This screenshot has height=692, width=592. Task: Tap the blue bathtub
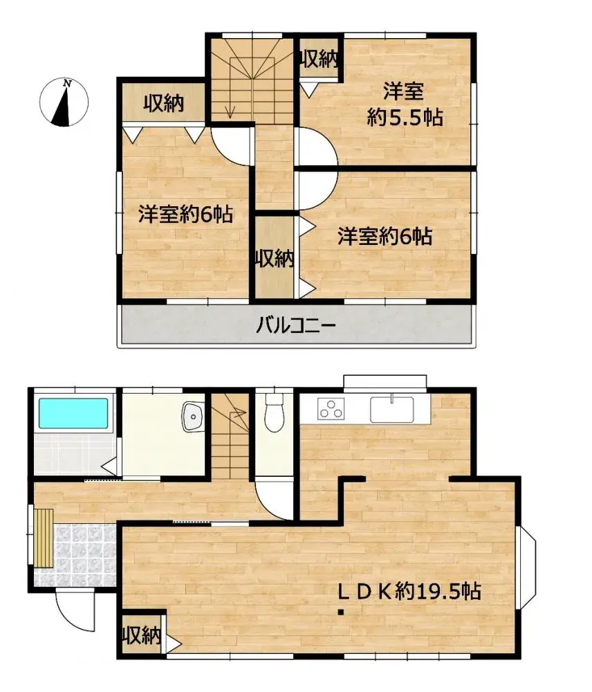[x=74, y=413]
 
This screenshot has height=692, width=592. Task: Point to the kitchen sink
[x=391, y=409]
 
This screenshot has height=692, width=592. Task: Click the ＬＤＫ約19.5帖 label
[x=409, y=592]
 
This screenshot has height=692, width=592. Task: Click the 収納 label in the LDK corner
[x=142, y=634]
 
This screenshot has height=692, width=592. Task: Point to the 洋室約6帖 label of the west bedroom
[x=184, y=215]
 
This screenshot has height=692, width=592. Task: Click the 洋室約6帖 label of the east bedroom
[x=385, y=237]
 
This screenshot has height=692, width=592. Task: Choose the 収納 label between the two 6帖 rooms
[x=275, y=259]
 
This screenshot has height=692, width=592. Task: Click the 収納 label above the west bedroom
[x=163, y=104]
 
